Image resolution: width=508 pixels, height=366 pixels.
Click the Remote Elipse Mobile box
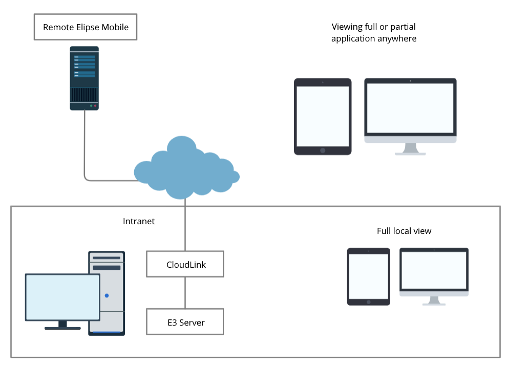pos(85,27)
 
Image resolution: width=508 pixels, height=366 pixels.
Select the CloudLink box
pos(185,264)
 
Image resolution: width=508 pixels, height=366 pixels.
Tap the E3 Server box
pos(185,322)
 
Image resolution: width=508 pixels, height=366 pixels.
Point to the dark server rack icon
pos(84,78)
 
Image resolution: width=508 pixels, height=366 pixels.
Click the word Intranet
pos(139,221)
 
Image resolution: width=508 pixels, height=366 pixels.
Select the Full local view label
pos(404,231)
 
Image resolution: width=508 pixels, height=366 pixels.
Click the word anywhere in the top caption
pos(396,38)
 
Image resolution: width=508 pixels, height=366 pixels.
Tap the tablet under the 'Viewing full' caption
pos(323,116)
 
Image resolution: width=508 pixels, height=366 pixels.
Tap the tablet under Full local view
pos(369,276)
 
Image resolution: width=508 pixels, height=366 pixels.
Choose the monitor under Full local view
pos(434,271)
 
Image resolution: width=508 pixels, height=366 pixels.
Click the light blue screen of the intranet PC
pos(63,297)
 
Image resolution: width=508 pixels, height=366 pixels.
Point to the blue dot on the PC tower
pos(107,295)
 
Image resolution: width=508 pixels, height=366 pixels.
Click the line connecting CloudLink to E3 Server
pos(185,293)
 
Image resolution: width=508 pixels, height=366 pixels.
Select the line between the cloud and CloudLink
pos(185,225)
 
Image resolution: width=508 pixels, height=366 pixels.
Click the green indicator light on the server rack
pos(91,105)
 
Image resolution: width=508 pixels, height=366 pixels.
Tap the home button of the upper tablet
pos(323,150)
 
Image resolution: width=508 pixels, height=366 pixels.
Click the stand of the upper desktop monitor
pos(410,148)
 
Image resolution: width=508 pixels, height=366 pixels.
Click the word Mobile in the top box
pos(114,27)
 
